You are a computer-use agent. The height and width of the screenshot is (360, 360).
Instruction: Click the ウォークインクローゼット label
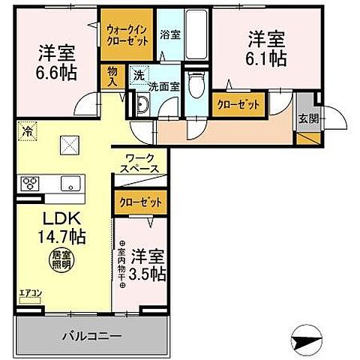pos(128,34)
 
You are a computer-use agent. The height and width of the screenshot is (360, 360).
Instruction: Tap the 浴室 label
pos(169,34)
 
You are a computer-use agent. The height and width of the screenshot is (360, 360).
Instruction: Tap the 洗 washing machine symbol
pos(139,74)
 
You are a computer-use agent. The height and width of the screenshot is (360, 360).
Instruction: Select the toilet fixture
pos(196,84)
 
